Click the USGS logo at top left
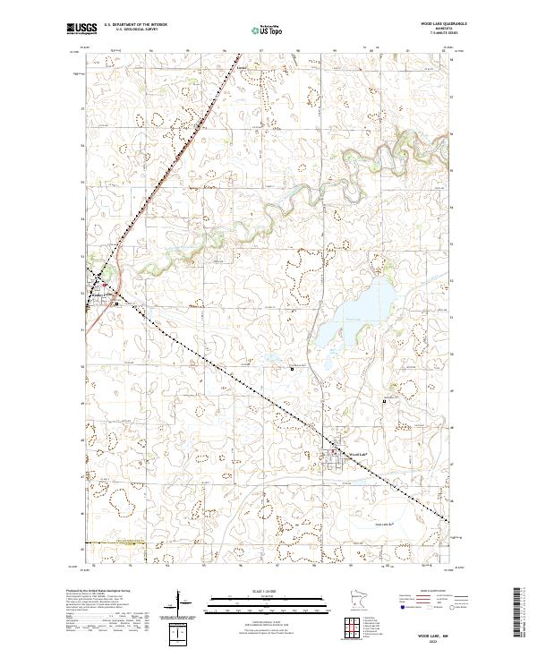[81, 30]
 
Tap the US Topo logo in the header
[268, 30]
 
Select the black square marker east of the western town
[116, 303]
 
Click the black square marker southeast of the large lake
[385, 401]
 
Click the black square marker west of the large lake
[292, 368]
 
